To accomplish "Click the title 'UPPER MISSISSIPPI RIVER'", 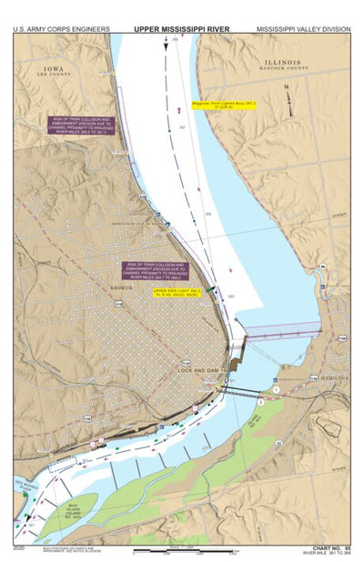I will coord(182,29).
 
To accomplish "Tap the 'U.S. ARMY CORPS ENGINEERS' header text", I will coord(62,29).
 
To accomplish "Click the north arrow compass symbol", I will coord(287,95).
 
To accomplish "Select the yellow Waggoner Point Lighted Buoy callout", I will coord(224,106).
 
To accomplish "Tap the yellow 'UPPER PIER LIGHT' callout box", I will coord(178,294).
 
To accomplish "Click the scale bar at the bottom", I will coord(182,551).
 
